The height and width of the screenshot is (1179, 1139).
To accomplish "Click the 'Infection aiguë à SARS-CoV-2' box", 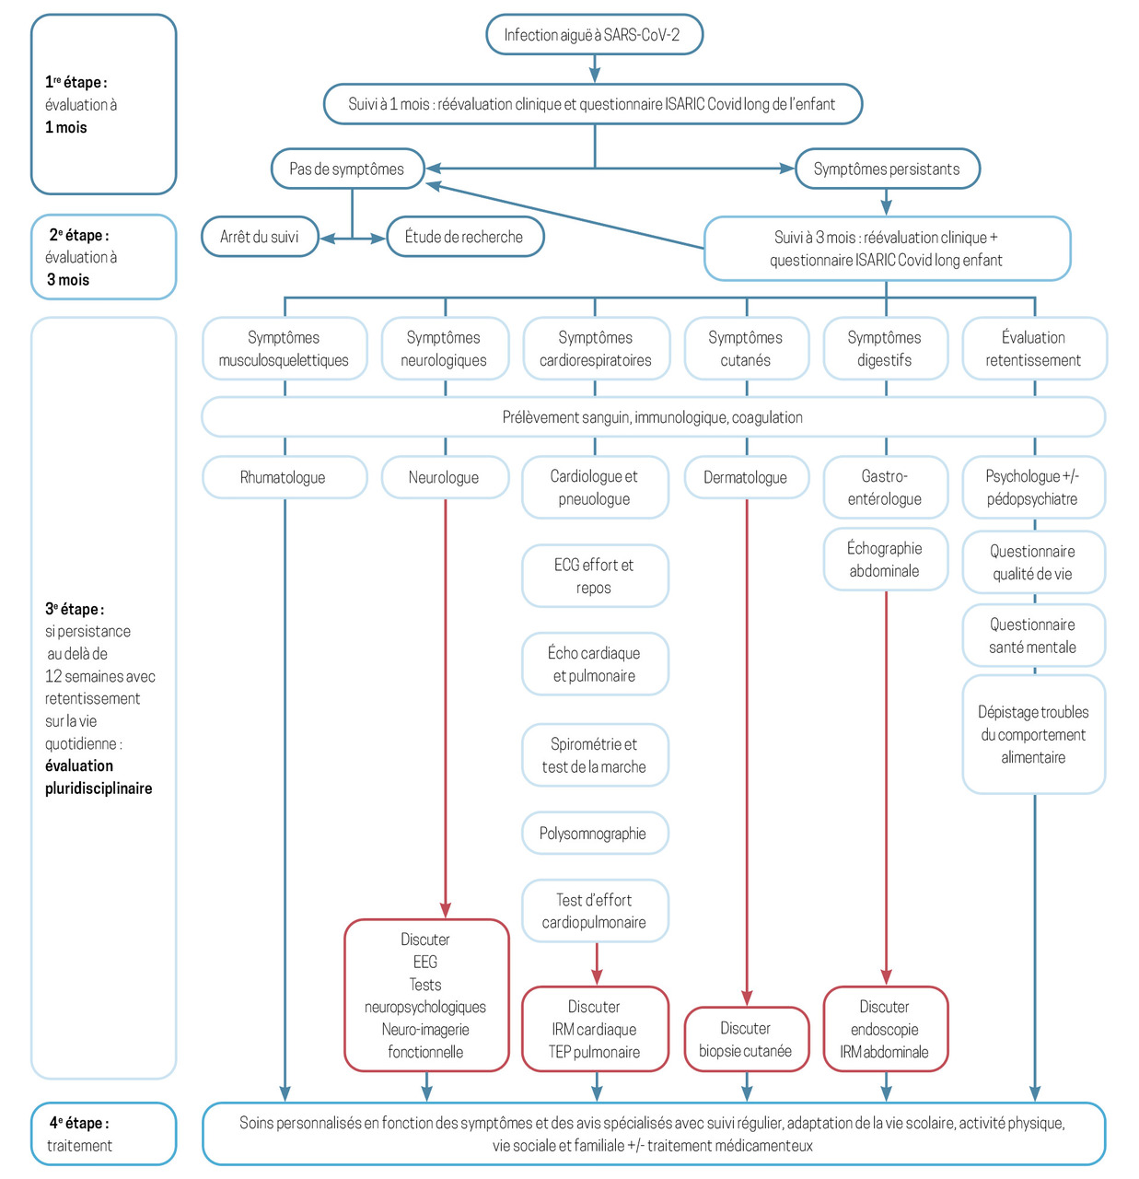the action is [594, 34].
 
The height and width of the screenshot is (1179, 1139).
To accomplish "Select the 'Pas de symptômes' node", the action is [347, 169].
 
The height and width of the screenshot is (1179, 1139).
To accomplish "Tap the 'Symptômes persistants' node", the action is [887, 169].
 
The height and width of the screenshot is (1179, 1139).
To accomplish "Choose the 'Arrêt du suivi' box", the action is [260, 237].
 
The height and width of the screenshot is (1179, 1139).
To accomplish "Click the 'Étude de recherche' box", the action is [464, 237].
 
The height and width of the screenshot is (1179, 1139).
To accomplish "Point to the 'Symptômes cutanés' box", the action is [746, 348].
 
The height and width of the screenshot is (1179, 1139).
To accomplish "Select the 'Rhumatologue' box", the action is [285, 477].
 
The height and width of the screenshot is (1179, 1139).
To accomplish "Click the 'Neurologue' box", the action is [445, 477].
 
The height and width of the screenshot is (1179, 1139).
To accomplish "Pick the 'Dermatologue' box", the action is [746, 477].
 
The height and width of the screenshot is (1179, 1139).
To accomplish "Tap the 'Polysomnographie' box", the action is [595, 833].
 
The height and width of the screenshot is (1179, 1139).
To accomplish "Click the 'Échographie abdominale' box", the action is [885, 559].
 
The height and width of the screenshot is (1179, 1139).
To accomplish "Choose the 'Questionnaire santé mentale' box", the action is [1034, 636].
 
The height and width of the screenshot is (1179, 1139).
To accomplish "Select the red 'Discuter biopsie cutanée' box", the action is [746, 1040].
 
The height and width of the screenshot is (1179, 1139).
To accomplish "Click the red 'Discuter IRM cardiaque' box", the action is [595, 1029].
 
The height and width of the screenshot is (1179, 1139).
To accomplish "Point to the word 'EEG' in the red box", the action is [425, 963].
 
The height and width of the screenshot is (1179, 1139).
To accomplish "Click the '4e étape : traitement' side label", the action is [103, 1134].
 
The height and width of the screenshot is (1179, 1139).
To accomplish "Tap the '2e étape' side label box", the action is [103, 257].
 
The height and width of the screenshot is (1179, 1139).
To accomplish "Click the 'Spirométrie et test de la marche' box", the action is [595, 755].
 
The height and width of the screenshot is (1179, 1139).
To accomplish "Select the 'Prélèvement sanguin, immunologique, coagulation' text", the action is [652, 417].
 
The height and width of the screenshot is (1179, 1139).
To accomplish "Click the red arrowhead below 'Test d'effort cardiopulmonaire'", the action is [597, 976].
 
